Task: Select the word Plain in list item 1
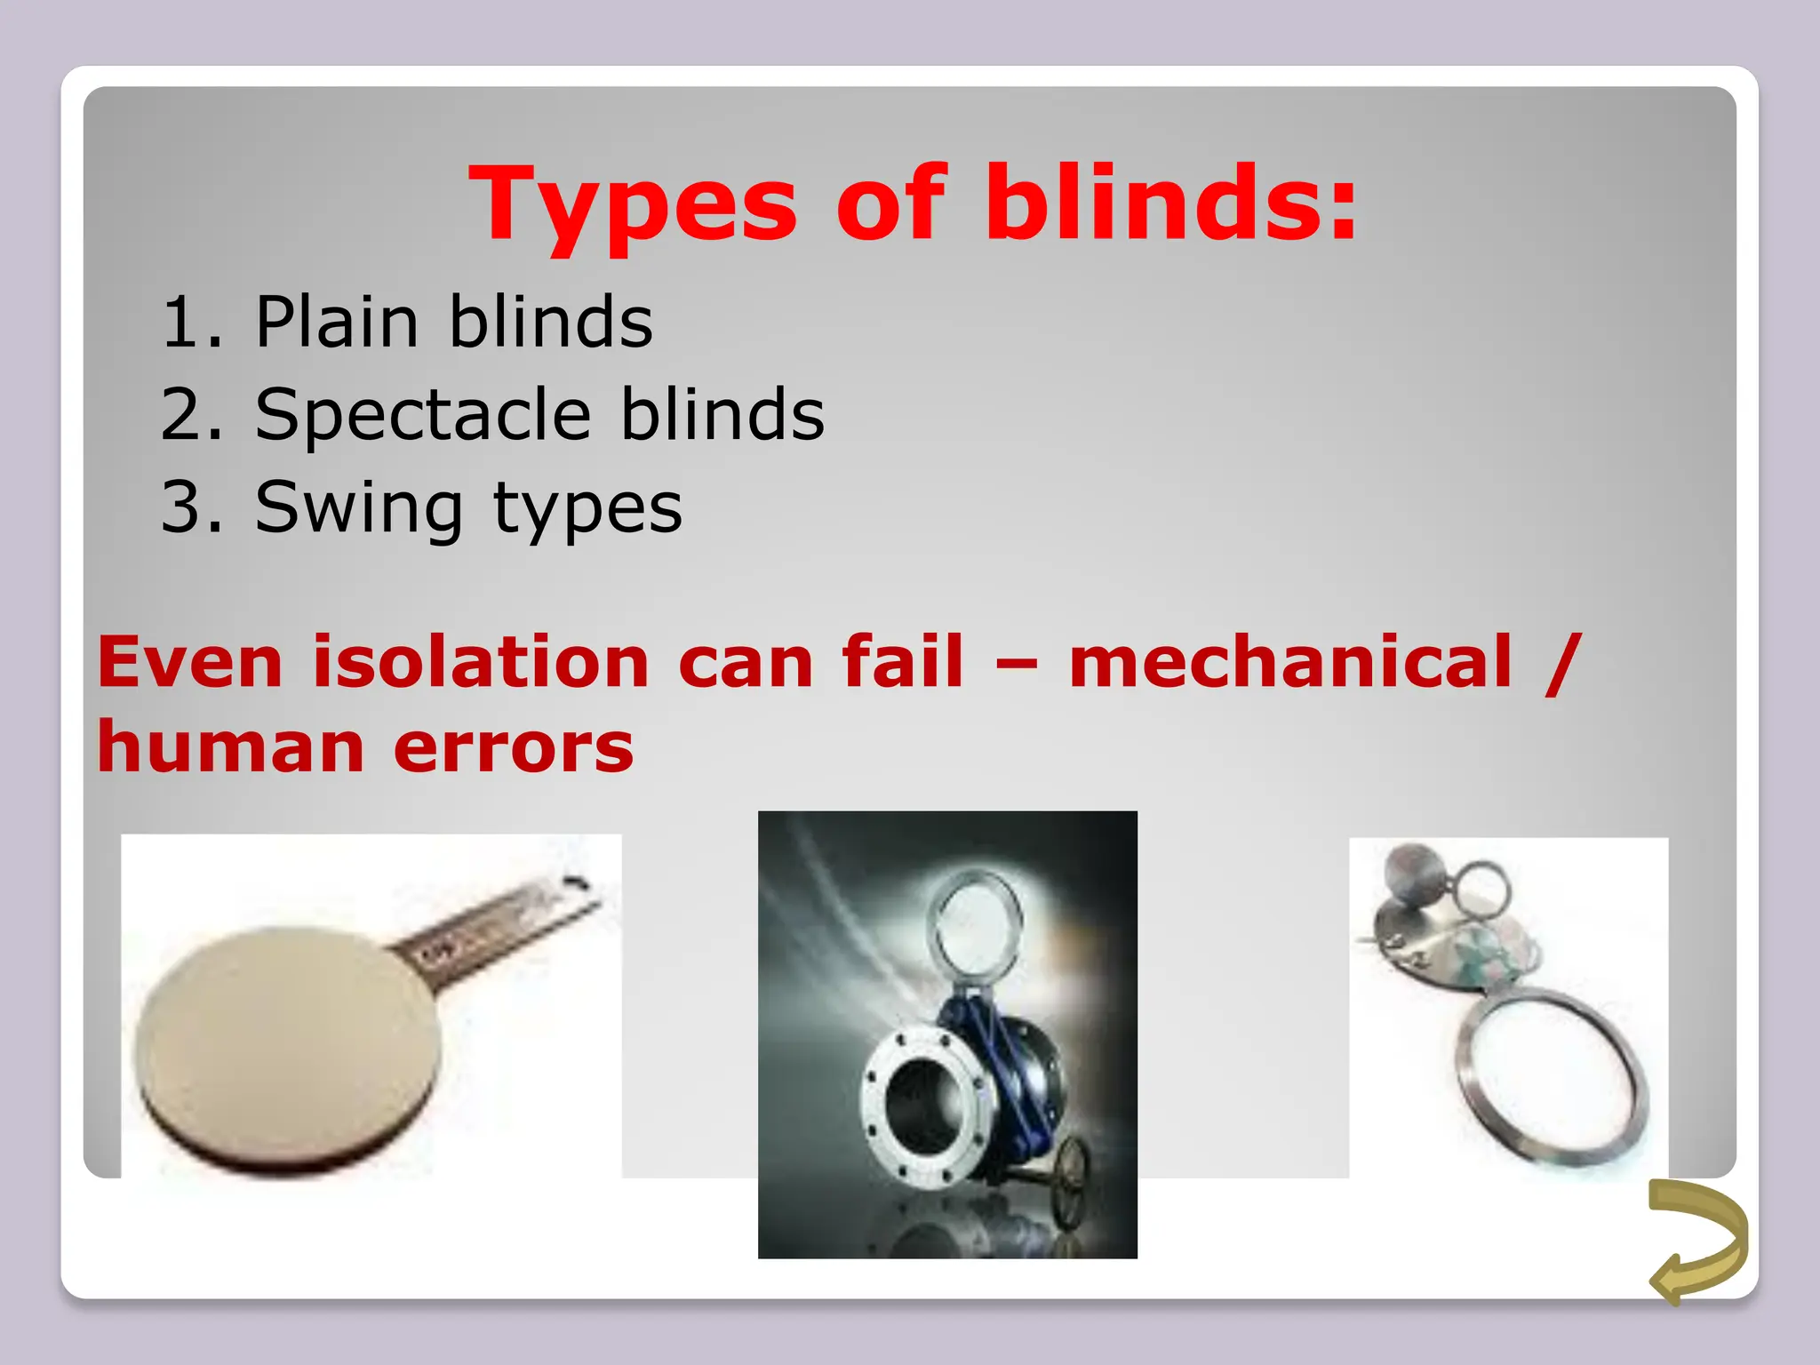click(x=337, y=322)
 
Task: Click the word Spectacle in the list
click(x=423, y=415)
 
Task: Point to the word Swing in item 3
click(x=358, y=507)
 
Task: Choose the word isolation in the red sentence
click(x=481, y=662)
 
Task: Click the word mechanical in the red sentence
click(x=1289, y=662)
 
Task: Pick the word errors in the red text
click(x=514, y=747)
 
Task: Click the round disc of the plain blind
click(x=289, y=1044)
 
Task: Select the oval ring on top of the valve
click(x=974, y=924)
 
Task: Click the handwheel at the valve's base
click(x=1069, y=1177)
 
